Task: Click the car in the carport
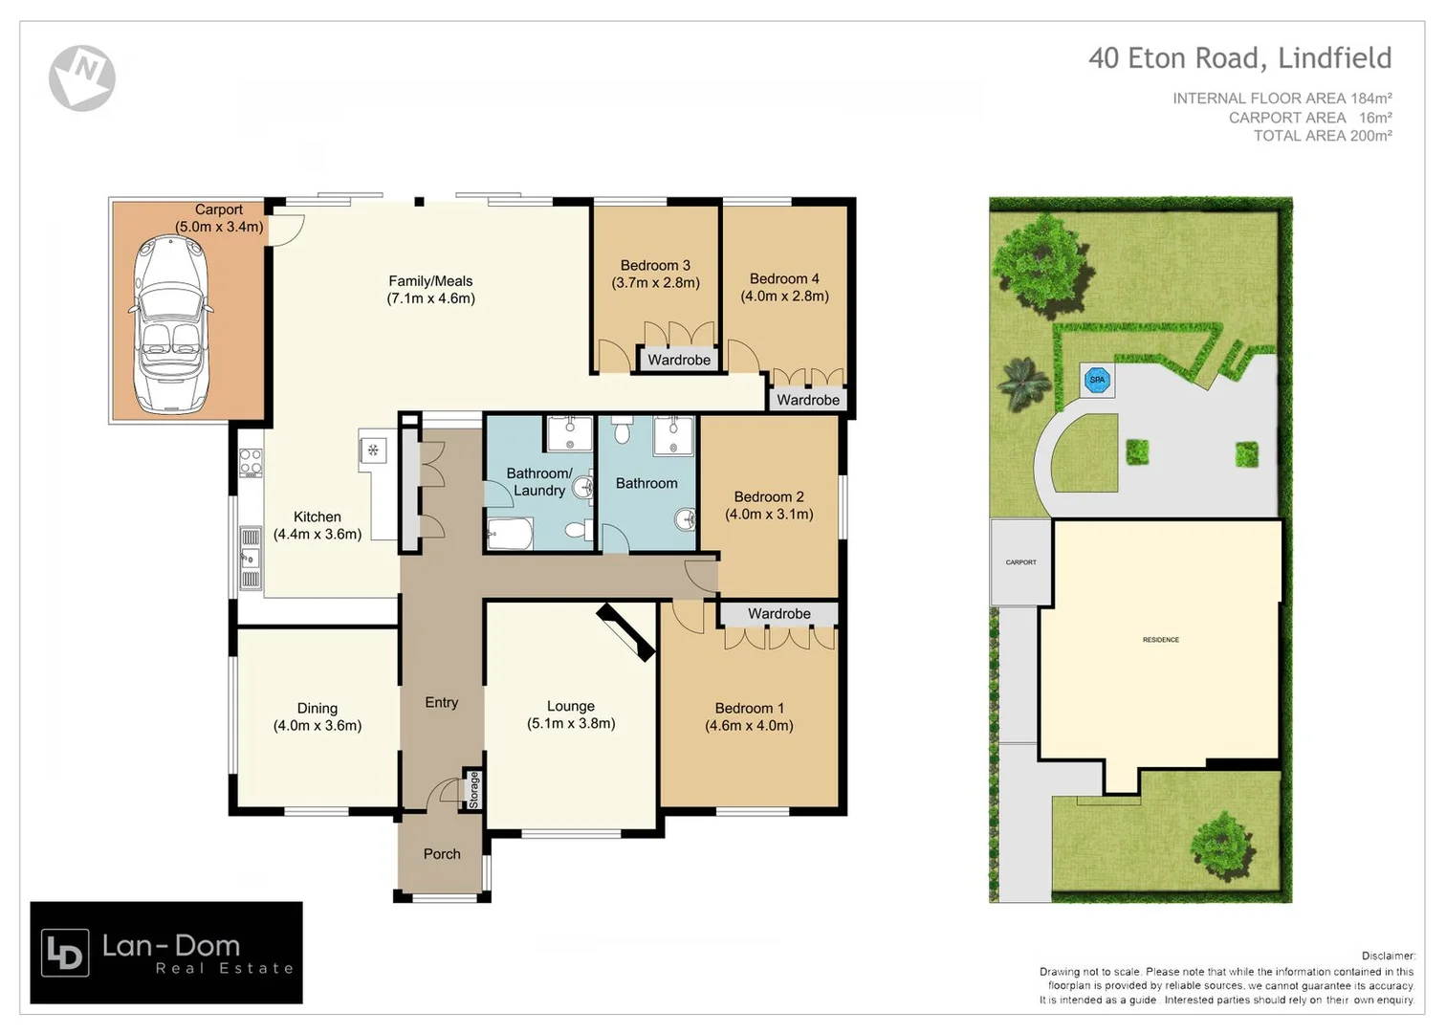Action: coord(171,324)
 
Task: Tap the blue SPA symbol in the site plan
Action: coord(1097,380)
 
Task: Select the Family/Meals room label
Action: coord(430,281)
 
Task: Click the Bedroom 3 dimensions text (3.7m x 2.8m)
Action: coord(655,283)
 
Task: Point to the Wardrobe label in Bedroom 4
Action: coord(807,400)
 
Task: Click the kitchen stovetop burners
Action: coord(251,463)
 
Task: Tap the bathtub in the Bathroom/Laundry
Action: coord(510,534)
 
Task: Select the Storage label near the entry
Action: coord(473,789)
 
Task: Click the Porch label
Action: coord(442,854)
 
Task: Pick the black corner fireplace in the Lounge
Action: coord(626,632)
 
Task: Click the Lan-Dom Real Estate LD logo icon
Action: coord(66,953)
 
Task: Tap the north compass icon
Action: coord(82,77)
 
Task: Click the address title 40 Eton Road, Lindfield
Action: coord(1239,58)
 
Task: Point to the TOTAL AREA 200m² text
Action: coord(1322,136)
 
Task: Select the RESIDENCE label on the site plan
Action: coord(1160,639)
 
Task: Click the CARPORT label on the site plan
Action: coord(1020,562)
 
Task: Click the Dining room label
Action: coord(318,708)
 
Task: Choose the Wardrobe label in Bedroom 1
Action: coord(778,613)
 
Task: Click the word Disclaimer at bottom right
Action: coord(1388,956)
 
